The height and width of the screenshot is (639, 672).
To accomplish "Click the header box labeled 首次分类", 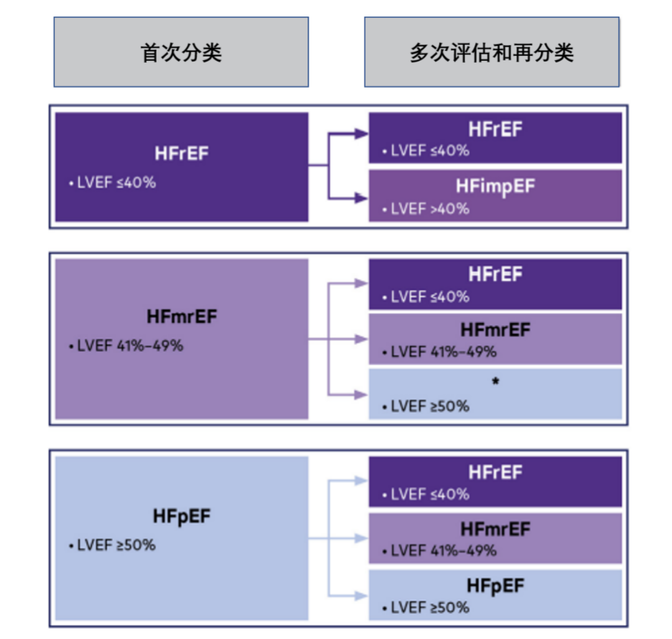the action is tap(181, 52).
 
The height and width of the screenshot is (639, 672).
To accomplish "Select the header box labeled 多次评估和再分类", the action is tap(492, 52).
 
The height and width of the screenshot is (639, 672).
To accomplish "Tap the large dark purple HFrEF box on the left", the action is tap(182, 167).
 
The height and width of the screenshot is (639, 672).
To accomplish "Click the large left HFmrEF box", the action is tap(182, 338).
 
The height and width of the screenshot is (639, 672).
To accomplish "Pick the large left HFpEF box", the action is tap(182, 538).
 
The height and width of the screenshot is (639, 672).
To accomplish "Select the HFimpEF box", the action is tap(495, 195).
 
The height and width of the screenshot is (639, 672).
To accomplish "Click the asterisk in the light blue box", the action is tap(495, 381).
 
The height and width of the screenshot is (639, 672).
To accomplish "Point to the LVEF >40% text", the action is tap(430, 208).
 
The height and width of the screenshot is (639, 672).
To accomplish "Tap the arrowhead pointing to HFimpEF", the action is tap(361, 198).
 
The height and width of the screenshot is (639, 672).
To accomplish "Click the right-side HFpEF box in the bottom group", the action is tap(495, 594).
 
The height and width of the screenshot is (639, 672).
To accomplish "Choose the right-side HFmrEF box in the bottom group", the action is tap(495, 538).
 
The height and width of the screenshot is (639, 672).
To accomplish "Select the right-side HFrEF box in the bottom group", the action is tap(495, 482).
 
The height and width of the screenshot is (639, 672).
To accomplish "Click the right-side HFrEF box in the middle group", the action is tap(495, 284).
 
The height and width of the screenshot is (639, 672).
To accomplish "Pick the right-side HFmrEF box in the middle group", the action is tap(495, 339).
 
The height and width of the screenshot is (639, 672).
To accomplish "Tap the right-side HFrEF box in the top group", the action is tap(495, 138).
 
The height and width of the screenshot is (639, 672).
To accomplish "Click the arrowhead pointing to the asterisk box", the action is tap(361, 394).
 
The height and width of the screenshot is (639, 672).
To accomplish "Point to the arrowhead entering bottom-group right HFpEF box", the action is tap(361, 595).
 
